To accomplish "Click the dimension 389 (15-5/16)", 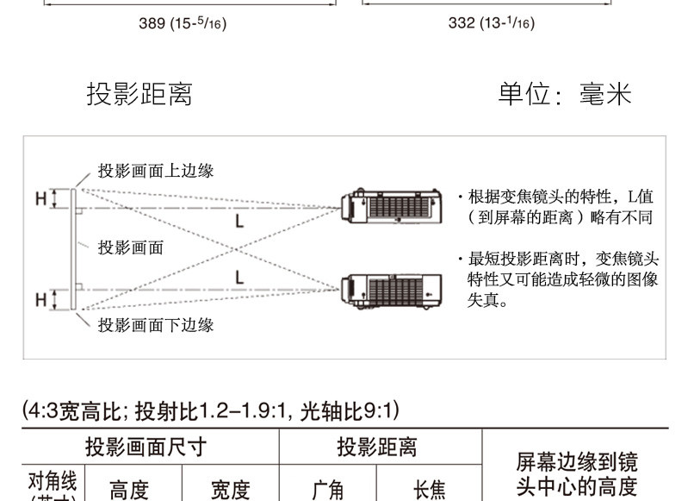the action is tap(183, 23).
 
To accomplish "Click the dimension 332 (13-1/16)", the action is tap(491, 23).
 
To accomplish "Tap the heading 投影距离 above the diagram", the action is tap(139, 94).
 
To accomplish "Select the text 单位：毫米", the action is tap(564, 94).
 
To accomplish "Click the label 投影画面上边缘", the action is tap(155, 171).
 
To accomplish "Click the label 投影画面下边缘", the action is tap(155, 324).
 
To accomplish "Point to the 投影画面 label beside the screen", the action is tap(131, 247).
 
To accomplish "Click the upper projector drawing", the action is tap(392, 206).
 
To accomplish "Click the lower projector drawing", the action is tap(392, 291).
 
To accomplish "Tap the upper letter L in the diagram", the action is tap(239, 222).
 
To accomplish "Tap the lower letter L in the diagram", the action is tap(239, 278).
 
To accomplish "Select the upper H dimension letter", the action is tap(40, 199).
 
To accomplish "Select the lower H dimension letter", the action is tap(40, 300).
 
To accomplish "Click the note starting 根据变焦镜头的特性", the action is tap(560, 207).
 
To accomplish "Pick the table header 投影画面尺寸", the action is tap(146, 448).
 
